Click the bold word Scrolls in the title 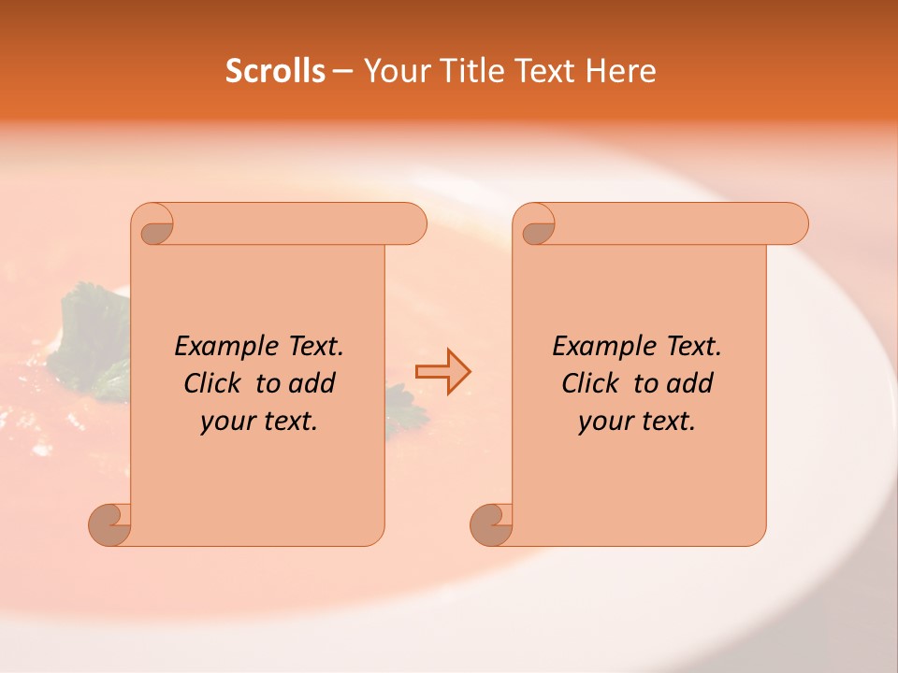coord(276,71)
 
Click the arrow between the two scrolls coord(442,372)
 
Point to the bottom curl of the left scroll coord(109,523)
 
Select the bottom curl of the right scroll coord(491,523)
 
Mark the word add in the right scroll coord(690,383)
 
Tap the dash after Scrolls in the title coord(342,71)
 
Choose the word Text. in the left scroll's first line coord(315,347)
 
